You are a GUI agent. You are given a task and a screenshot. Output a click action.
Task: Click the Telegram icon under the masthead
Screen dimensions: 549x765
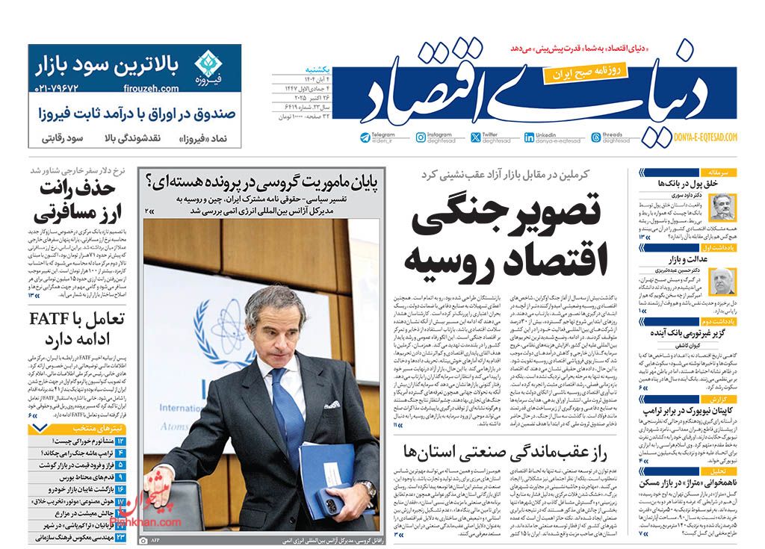[365, 137]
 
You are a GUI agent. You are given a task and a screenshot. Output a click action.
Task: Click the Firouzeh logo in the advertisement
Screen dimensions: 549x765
[205, 65]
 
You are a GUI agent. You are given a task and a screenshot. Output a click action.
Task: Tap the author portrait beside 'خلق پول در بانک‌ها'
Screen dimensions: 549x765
[721, 205]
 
